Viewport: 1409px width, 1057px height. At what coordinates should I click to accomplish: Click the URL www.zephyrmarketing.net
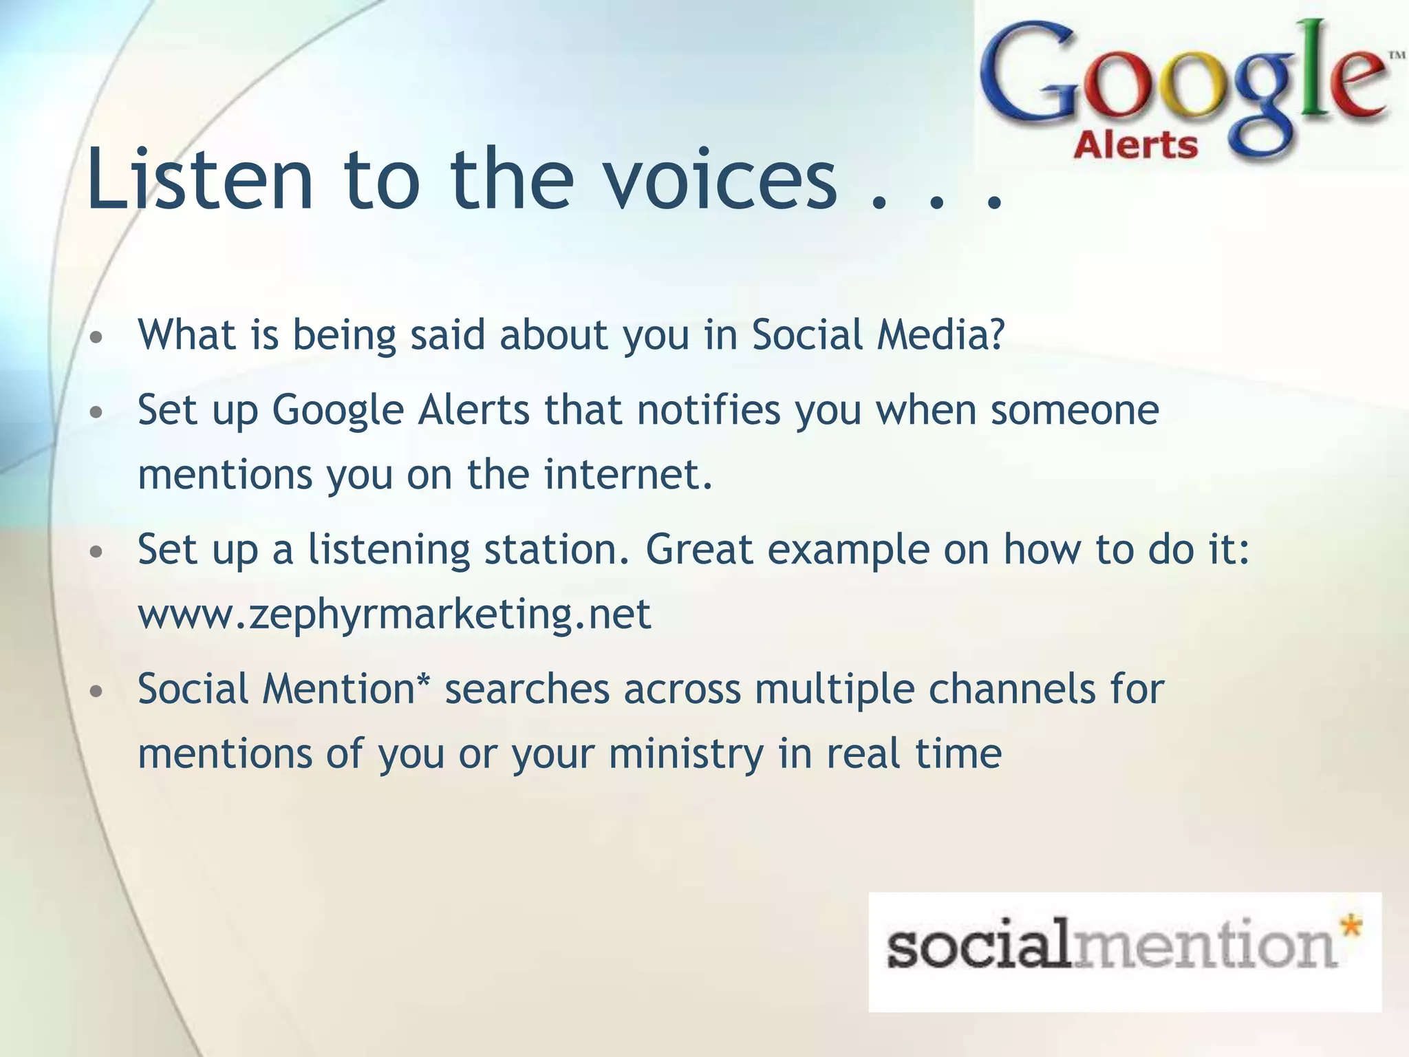394,614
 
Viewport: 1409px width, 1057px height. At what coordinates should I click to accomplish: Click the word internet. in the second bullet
628,475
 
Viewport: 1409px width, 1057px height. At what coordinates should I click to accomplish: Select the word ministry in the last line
686,754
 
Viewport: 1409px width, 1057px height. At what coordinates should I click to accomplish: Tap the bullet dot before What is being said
97,338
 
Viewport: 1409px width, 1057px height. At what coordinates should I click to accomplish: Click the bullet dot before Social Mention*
97,692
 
